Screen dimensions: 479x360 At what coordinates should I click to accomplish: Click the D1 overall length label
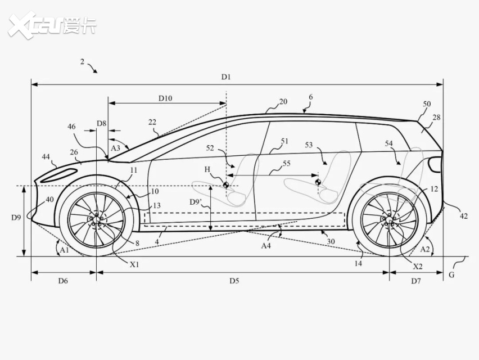click(x=226, y=76)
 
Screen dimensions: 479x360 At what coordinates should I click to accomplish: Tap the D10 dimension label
click(x=165, y=98)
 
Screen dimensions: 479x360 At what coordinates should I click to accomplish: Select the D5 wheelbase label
click(x=234, y=281)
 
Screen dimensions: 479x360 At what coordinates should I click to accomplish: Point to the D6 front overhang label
click(x=63, y=281)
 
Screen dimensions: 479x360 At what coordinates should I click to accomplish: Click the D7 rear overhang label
click(x=416, y=281)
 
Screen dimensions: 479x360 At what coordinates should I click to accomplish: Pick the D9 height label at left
click(x=16, y=218)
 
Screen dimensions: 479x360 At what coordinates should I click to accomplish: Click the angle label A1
click(x=65, y=250)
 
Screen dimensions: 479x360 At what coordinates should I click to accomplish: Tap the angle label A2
click(x=425, y=249)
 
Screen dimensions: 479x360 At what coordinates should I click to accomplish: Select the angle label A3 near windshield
click(x=115, y=148)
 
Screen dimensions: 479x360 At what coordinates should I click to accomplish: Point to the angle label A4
click(x=266, y=245)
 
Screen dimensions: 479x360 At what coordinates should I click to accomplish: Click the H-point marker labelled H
click(x=226, y=184)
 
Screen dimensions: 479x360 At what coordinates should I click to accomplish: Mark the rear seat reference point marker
click(x=318, y=182)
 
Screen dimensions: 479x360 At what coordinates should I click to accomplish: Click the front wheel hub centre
click(x=96, y=220)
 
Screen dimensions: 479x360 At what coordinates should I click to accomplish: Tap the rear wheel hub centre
click(x=389, y=220)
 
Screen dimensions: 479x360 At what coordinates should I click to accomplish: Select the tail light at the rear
click(x=435, y=164)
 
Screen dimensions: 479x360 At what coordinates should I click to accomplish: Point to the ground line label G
click(x=451, y=274)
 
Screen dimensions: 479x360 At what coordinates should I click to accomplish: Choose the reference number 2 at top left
click(x=82, y=62)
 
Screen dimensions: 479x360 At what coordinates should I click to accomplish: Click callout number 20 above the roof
click(x=283, y=101)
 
